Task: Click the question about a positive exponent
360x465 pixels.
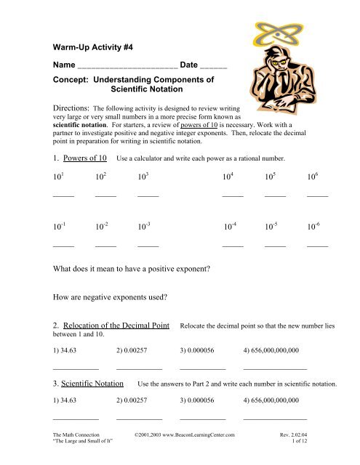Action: click(x=132, y=270)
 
